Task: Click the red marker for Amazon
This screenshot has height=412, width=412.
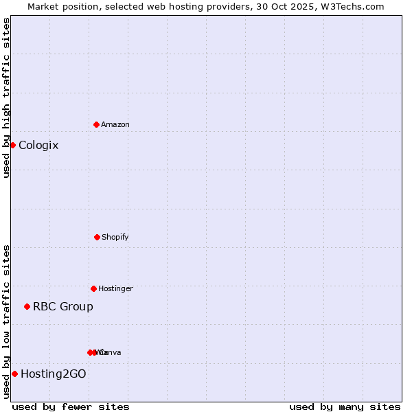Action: pos(96,124)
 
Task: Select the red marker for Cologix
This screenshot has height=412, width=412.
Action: pos(12,145)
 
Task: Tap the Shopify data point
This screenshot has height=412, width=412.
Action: pos(97,237)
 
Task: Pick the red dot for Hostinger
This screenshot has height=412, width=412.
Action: pos(93,288)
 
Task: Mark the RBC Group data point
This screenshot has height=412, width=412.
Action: pos(27,306)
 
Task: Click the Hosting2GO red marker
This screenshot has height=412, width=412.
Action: pos(14,374)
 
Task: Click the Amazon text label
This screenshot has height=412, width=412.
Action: pos(115,124)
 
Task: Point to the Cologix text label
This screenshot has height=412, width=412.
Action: pos(38,145)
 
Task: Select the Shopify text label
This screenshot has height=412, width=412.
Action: pos(115,237)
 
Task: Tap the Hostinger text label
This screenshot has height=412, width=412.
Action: pos(115,288)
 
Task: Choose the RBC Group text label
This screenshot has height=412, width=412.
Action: pos(63,306)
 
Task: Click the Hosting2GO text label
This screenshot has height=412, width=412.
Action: pos(54,374)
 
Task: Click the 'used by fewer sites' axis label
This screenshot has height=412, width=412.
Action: pos(71,407)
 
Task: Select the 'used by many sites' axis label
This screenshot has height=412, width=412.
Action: pos(345,407)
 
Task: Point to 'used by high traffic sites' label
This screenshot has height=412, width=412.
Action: pos(6,98)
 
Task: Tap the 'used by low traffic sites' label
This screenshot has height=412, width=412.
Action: pos(6,321)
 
